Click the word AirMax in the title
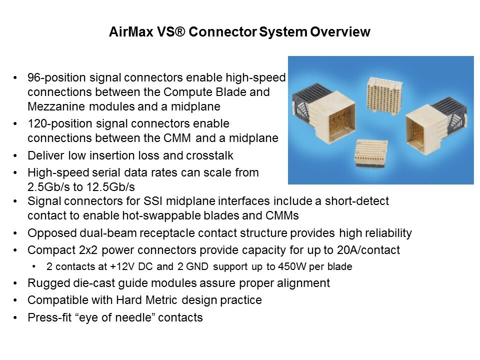tap(131, 32)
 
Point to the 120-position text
tap(60, 123)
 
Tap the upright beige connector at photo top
tap(384, 95)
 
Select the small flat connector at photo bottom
tap(371, 154)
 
